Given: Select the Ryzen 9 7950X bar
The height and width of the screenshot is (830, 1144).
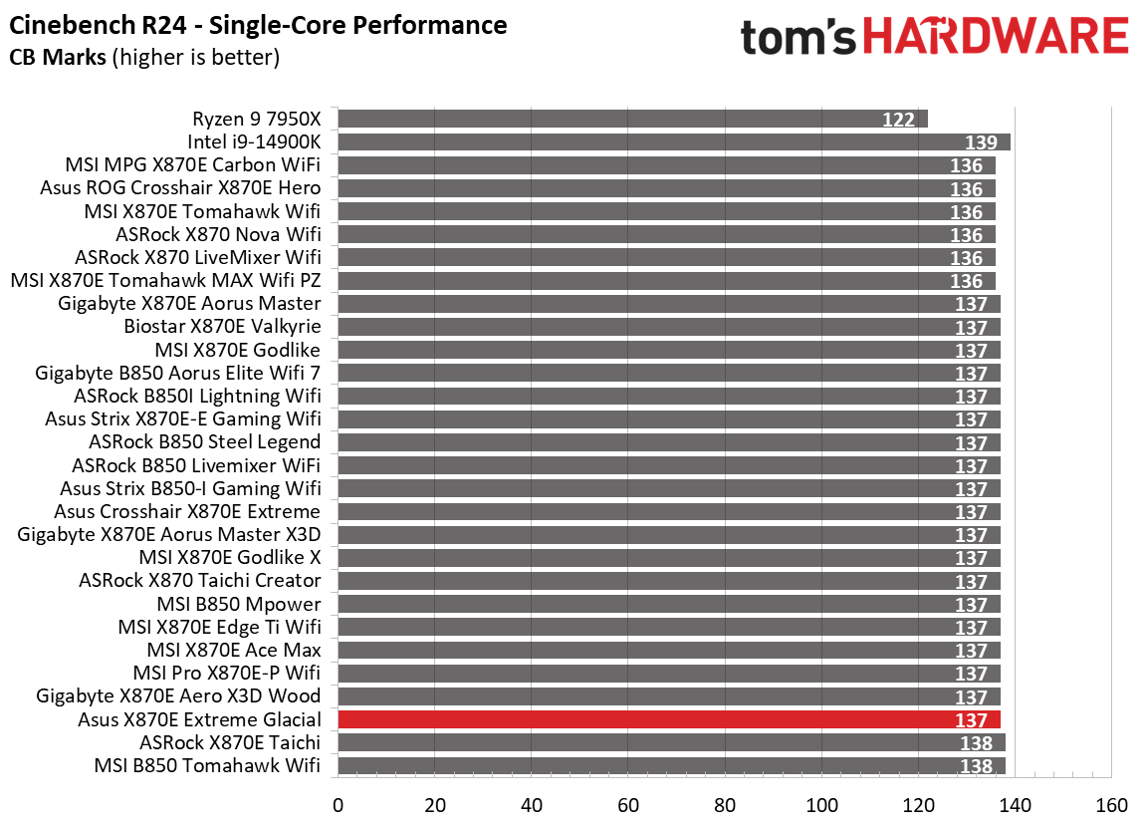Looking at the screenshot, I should tap(633, 119).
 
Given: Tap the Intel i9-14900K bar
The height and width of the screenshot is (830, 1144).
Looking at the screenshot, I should tap(674, 142).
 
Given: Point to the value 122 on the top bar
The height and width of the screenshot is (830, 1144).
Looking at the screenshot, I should tap(898, 120).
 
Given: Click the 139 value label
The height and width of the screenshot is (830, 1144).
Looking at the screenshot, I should tap(982, 143).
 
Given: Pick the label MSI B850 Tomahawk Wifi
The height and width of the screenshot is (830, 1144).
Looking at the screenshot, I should tap(207, 765).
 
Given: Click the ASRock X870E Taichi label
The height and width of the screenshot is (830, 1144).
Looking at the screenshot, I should tap(230, 742).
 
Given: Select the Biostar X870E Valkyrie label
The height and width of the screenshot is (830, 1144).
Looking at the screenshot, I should tap(222, 327).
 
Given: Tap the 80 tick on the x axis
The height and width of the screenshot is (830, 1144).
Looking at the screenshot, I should tap(725, 805).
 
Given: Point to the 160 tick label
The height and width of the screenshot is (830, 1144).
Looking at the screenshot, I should tap(1111, 805).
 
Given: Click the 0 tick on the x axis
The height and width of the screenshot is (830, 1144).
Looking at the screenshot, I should tap(339, 805).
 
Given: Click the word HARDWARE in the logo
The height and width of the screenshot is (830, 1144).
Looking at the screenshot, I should tap(996, 38).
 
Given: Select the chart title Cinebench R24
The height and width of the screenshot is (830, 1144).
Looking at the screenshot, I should tap(257, 25).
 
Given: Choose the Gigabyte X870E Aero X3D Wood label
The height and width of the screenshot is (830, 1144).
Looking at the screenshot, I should tap(178, 695).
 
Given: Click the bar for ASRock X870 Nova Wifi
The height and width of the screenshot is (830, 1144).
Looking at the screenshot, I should tap(667, 234).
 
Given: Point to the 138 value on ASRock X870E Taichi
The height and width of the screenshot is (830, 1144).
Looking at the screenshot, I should tap(977, 743).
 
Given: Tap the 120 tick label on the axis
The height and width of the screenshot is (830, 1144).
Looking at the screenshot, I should tap(918, 805).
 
